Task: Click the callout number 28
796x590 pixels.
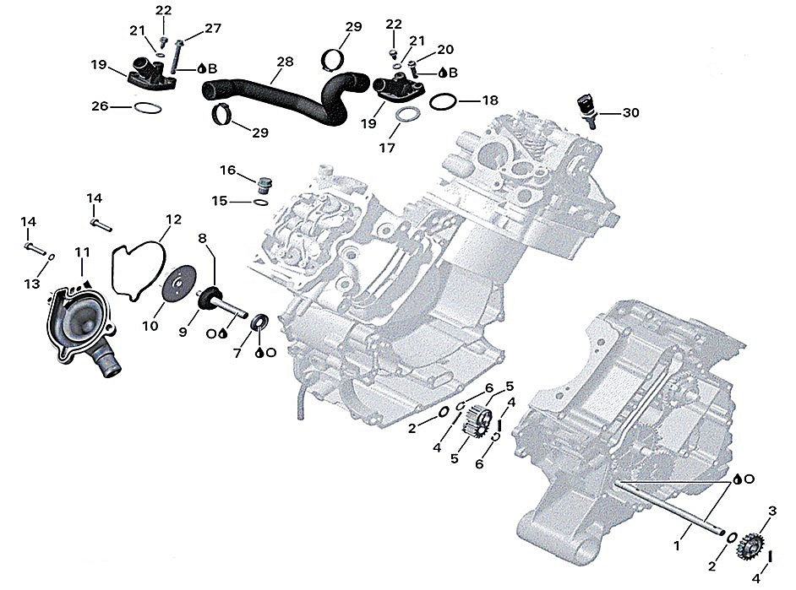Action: [285, 62]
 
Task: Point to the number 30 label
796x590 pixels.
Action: [631, 112]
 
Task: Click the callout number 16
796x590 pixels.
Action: [228, 171]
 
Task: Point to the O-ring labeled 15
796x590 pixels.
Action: [261, 203]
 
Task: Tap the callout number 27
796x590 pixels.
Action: [213, 28]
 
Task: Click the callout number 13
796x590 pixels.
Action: [31, 284]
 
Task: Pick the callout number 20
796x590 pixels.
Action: [445, 50]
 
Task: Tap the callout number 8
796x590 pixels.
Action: [202, 239]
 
